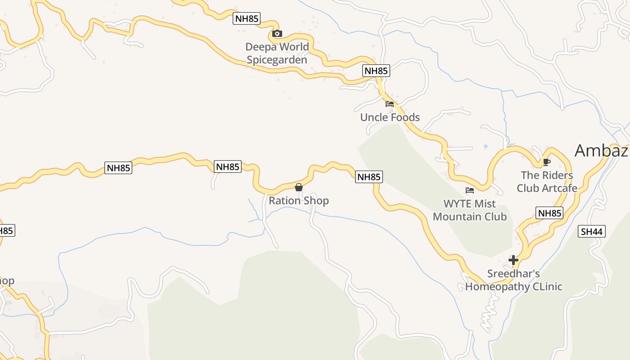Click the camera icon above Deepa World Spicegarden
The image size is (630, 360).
277,34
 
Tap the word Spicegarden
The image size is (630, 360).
277,60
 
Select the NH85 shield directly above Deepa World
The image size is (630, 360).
247,19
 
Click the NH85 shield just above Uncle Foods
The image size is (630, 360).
376,71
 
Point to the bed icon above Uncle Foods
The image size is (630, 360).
390,104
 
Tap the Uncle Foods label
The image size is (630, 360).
390,117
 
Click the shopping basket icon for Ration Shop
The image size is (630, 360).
298,187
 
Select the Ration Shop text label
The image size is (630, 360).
299,201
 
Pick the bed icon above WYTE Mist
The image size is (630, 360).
470,190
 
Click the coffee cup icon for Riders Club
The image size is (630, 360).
547,162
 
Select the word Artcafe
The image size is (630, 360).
560,188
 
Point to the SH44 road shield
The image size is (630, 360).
592,232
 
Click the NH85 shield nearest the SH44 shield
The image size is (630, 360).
549,213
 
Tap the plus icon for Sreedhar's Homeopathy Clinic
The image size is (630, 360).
513,260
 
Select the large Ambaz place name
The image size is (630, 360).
602,151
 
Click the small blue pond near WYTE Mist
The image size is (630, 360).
485,147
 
